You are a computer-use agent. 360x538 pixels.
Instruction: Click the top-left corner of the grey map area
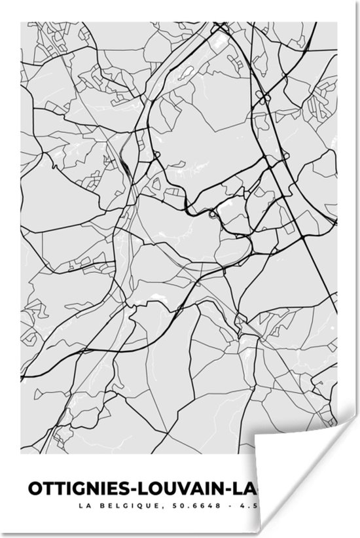click(22, 22)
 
